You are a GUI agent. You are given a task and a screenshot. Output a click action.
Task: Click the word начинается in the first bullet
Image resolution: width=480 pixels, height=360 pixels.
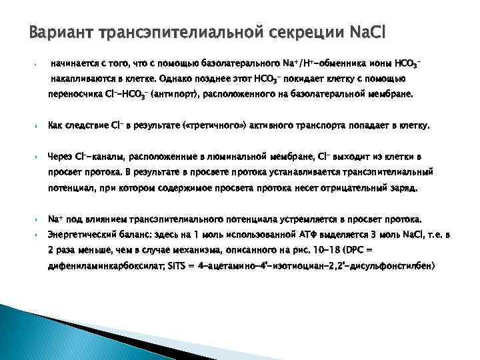[x=76, y=64]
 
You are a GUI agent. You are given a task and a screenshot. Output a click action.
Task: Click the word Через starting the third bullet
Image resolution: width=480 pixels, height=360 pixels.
[x=60, y=156]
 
